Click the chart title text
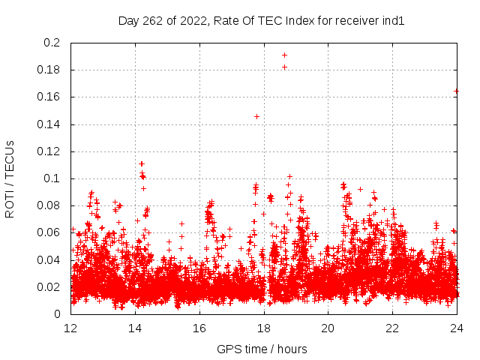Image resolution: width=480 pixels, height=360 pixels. tap(261, 21)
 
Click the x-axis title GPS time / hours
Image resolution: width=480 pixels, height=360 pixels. tap(261, 349)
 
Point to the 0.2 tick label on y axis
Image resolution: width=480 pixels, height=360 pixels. tap(52, 43)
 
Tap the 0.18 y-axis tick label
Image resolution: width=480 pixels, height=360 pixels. tap(49, 70)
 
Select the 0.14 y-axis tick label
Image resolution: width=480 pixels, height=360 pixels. tap(49, 124)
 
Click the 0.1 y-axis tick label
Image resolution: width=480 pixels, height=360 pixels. tap(52, 178)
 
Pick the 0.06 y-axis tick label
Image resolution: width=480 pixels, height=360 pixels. tap(49, 233)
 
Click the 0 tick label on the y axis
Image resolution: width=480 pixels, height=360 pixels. tap(58, 314)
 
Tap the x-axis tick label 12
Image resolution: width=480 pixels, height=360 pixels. tap(71, 328)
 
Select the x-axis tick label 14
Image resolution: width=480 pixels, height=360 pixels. tap(136, 328)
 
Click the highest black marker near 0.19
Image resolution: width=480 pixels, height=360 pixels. tap(284, 55)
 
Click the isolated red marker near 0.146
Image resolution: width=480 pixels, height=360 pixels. tap(257, 116)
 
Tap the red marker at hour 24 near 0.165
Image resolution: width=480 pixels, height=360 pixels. tap(457, 91)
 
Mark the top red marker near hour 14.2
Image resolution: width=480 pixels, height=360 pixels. tap(141, 163)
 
